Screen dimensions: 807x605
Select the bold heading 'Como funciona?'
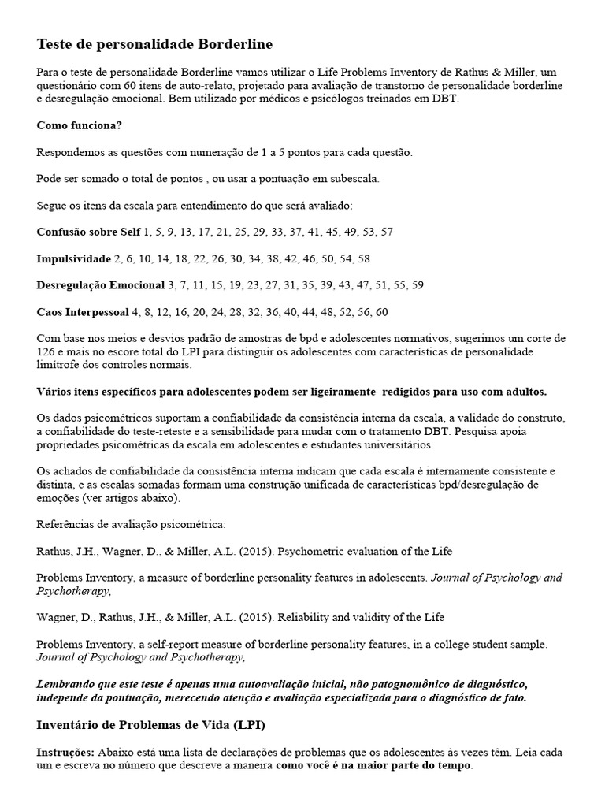coord(79,125)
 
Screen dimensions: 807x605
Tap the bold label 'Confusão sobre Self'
coord(88,232)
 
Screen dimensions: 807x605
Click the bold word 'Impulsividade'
coord(74,258)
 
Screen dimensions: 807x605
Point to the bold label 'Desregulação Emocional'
coord(101,284)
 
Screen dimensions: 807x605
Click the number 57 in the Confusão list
coord(386,232)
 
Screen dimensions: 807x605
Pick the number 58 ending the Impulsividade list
coord(363,258)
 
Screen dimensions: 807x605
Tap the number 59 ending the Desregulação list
coord(418,284)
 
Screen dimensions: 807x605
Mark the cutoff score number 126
coord(46,351)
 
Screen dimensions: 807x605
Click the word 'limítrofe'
coord(60,365)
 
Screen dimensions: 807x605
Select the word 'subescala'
coord(356,178)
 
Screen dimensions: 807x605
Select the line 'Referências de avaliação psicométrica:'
coord(131,524)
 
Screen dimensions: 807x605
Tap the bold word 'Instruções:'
coord(64,752)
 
